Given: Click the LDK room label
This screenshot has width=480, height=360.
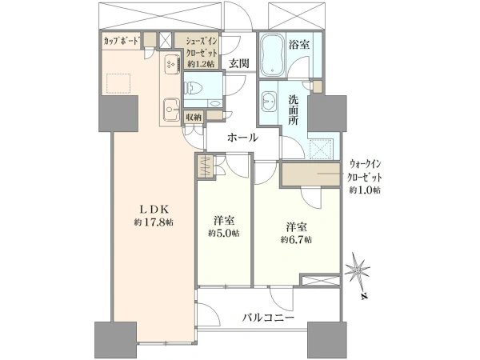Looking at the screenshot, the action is click(x=154, y=209).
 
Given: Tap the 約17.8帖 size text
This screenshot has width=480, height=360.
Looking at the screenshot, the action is click(x=154, y=222).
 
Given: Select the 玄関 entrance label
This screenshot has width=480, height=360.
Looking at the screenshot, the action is click(x=239, y=63).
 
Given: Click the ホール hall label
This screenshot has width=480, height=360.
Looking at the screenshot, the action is click(x=242, y=138).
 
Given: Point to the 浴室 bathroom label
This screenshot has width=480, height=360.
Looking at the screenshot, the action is click(x=299, y=45).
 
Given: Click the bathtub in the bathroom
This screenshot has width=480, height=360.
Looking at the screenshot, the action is click(x=272, y=54).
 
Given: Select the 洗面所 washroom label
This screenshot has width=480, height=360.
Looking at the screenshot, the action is click(x=294, y=110).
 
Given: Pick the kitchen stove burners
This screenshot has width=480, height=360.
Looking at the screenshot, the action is click(x=170, y=64).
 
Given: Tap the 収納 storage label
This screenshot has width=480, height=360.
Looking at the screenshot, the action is click(x=194, y=117).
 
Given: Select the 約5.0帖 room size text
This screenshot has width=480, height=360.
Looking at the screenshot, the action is click(x=224, y=234).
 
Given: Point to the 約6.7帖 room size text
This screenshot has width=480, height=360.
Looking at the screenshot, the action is click(x=296, y=240).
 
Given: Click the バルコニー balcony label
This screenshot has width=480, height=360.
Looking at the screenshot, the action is click(x=269, y=318).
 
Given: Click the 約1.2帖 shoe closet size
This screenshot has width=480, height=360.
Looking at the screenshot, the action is click(x=201, y=64).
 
